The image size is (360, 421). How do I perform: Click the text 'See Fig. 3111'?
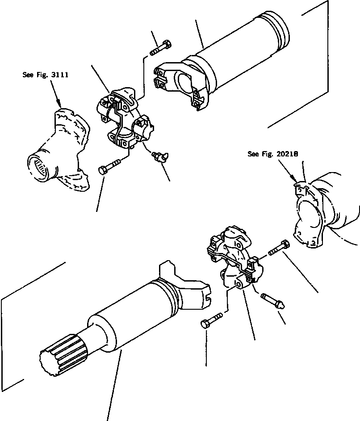click(x=45, y=75)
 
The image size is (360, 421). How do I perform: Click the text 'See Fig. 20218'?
click(x=273, y=154)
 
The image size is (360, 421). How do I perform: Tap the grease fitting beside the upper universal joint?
click(x=159, y=156)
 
